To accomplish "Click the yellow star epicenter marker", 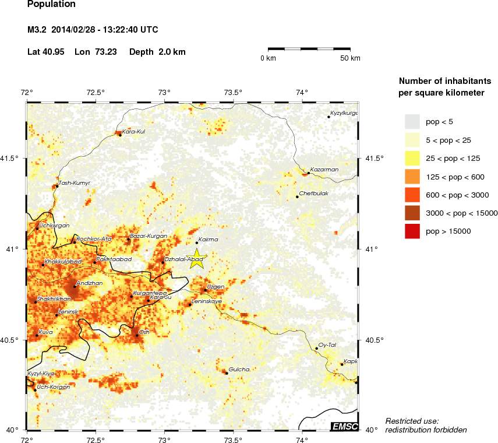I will pos(197,258).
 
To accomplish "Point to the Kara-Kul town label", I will pos(133,132).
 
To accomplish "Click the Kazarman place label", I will pos(324,170).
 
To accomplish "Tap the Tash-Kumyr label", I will pos(75,182).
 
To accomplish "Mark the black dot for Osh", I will pos(137,335).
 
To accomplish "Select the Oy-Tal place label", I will pos(327,344).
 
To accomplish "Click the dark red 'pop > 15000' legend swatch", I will pos(412,231).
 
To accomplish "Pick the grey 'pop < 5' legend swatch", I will pos(412,121).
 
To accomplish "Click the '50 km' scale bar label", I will pos(350,58).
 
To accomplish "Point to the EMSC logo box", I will pos(344,427).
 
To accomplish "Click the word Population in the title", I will pos(51,5).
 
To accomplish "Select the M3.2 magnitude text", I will pos(39,30).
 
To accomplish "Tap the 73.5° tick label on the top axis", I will pos(234,92).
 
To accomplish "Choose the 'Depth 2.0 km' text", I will pos(157,52).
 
